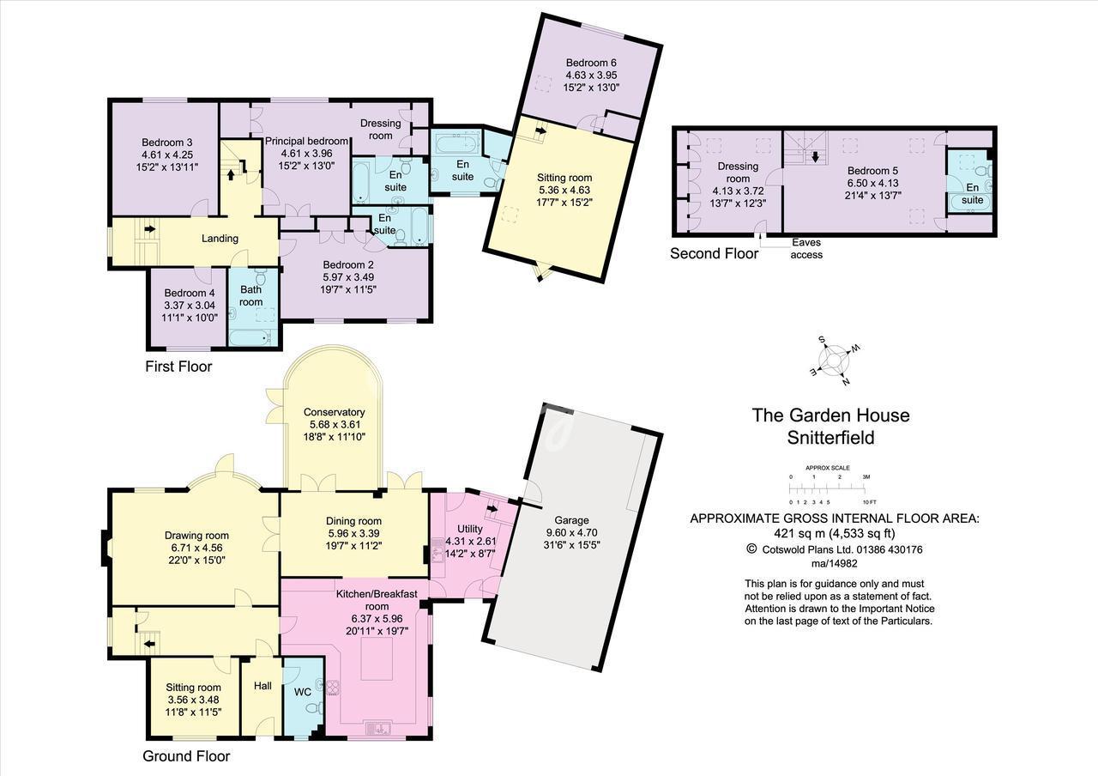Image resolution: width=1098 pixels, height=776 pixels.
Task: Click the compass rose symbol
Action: pyautogui.click(x=834, y=361)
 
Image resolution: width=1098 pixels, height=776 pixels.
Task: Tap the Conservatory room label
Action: pyautogui.click(x=334, y=413)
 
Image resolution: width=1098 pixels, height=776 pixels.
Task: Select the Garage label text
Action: pyautogui.click(x=571, y=520)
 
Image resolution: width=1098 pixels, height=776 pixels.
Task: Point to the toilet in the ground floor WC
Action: pyautogui.click(x=316, y=708)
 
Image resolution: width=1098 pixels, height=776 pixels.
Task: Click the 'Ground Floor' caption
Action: pyautogui.click(x=186, y=756)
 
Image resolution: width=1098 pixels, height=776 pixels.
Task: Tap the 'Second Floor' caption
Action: pyautogui.click(x=715, y=253)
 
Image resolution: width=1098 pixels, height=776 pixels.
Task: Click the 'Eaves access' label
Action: pyautogui.click(x=806, y=249)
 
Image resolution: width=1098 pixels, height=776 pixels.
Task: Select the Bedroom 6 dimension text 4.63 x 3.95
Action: pyautogui.click(x=591, y=75)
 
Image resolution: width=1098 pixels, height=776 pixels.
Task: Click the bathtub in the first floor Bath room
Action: pyautogui.click(x=250, y=337)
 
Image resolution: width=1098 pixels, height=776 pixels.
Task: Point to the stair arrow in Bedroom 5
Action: pyautogui.click(x=815, y=157)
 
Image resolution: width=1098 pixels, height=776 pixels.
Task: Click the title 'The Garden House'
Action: pyautogui.click(x=831, y=415)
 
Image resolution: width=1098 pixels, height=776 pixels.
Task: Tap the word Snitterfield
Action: pyautogui.click(x=831, y=438)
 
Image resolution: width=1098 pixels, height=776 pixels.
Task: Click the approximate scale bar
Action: pyautogui.click(x=828, y=489)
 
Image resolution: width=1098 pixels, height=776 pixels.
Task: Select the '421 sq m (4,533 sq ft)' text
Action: pyautogui.click(x=835, y=533)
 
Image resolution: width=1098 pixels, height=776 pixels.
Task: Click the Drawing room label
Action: pyautogui.click(x=196, y=535)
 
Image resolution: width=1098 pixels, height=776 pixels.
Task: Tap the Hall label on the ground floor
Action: pyautogui.click(x=262, y=686)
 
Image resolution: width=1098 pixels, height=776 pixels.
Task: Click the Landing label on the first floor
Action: pyautogui.click(x=220, y=239)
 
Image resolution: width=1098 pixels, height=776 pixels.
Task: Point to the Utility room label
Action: pyautogui.click(x=469, y=529)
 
